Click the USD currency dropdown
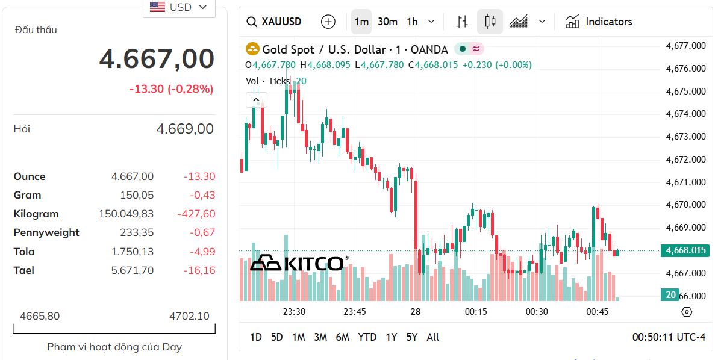178,7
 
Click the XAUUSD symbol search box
274,22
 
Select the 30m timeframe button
387,22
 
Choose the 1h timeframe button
412,22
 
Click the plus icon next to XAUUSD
328,22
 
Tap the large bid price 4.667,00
157,59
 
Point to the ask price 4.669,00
184,129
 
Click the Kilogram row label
36,214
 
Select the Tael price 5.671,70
133,270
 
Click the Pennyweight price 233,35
138,232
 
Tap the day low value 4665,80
40,316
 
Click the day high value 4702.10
189,316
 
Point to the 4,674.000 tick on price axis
685,114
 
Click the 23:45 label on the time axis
355,312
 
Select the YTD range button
367,337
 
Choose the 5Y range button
411,337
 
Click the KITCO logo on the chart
299,263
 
